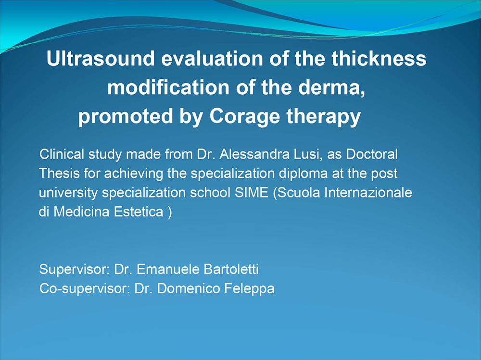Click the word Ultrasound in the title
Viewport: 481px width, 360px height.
coord(101,58)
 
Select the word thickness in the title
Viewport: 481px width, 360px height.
coord(379,58)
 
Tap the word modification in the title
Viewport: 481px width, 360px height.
coord(168,87)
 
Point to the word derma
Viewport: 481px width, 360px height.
coord(331,88)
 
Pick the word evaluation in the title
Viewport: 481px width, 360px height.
coord(212,58)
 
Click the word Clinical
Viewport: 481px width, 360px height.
coord(62,154)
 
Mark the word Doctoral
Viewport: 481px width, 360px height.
coord(372,154)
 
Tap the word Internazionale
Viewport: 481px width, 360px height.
coord(368,193)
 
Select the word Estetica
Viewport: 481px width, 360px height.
coord(139,211)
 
